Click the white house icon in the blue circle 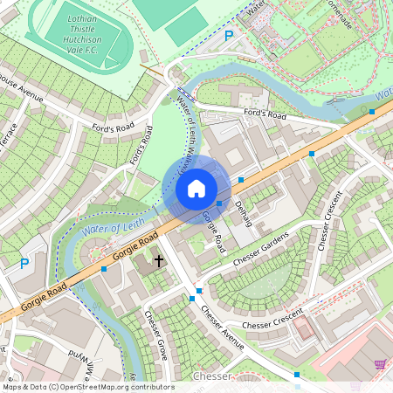196,189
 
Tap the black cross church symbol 159,260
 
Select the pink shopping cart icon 381,364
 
